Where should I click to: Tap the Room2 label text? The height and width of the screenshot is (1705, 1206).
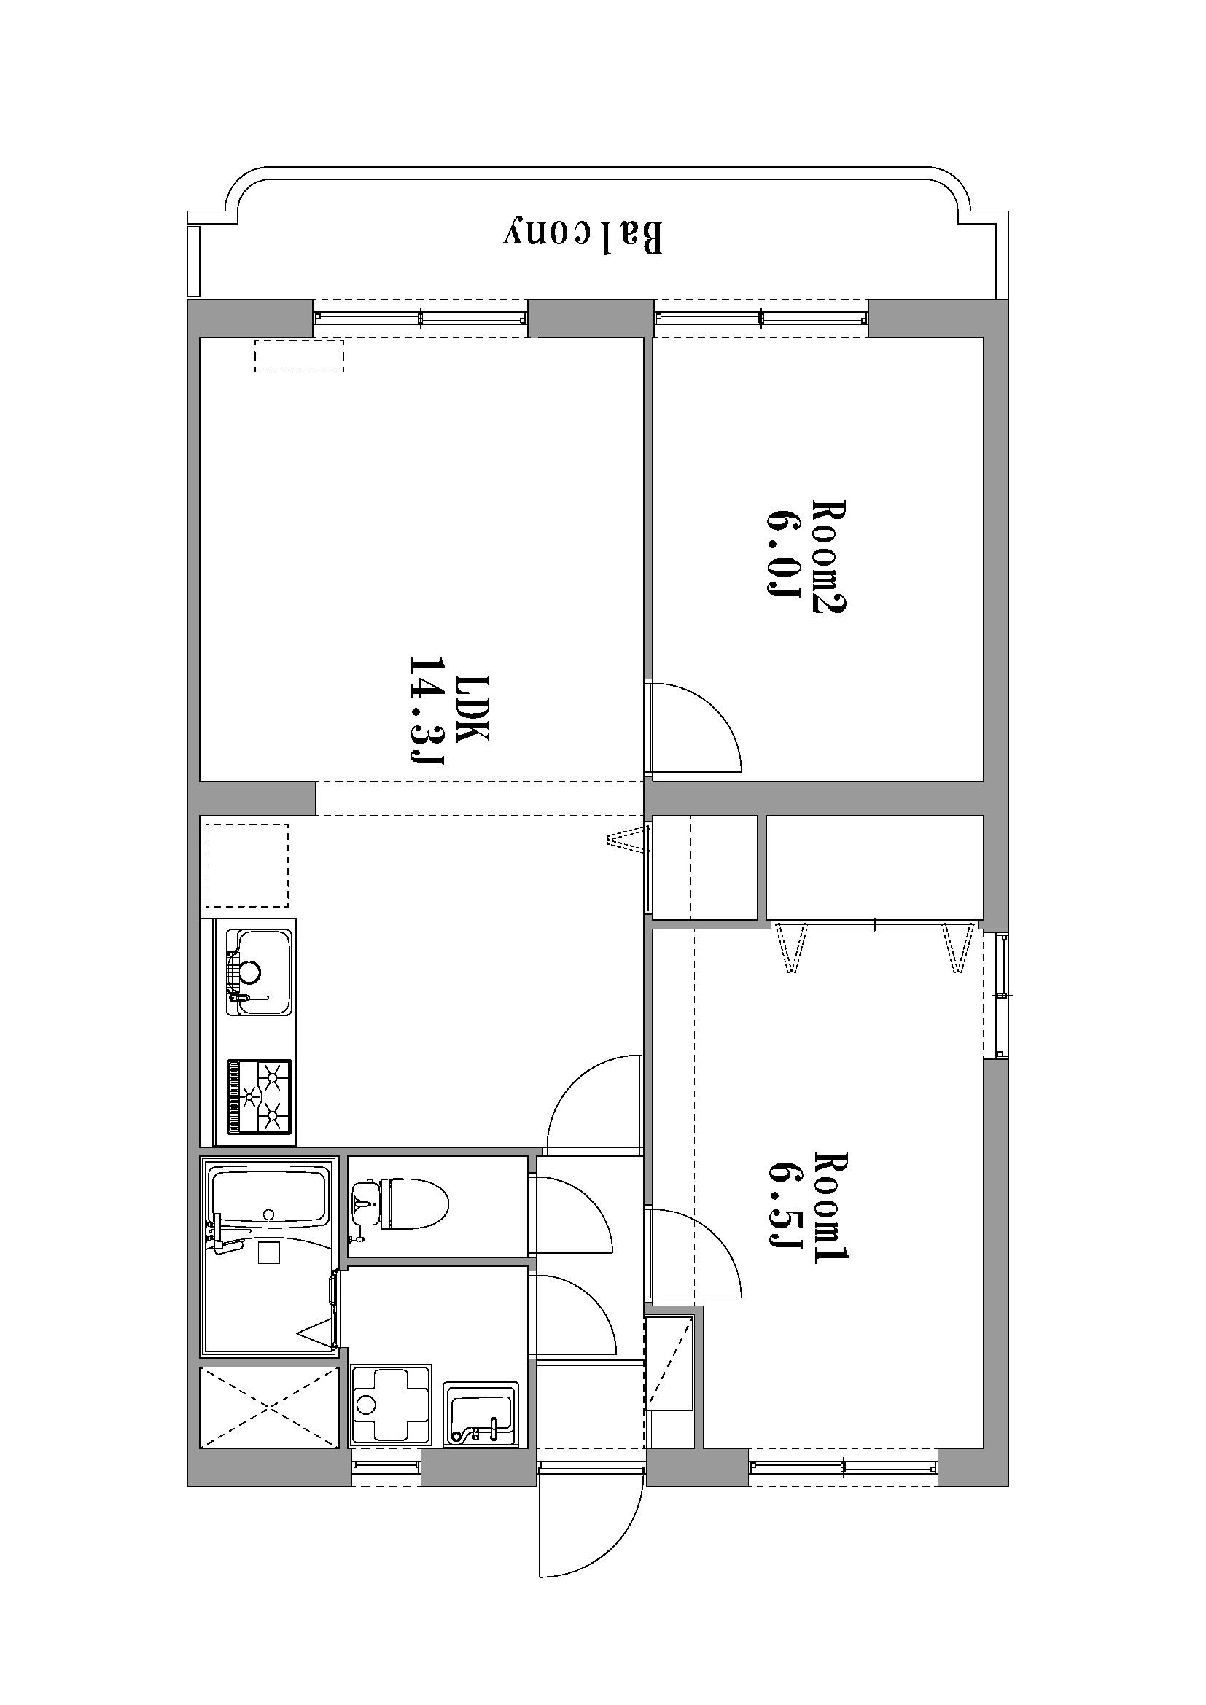pyautogui.click(x=829, y=556)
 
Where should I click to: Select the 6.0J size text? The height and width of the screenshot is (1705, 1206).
pyautogui.click(x=782, y=553)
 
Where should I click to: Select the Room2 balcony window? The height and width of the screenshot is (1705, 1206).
pyautogui.click(x=761, y=319)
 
